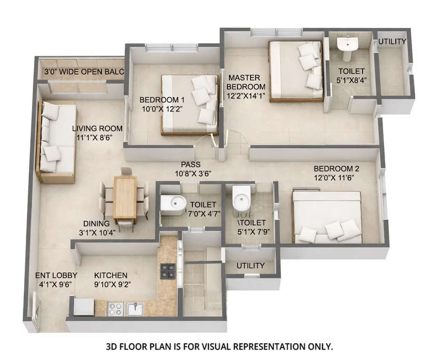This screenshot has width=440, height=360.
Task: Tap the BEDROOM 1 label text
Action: pyautogui.click(x=162, y=100)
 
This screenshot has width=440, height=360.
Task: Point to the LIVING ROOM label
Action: pyautogui.click(x=97, y=128)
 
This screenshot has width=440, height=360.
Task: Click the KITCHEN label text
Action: pyautogui.click(x=111, y=275)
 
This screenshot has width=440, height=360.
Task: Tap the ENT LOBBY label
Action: pyautogui.click(x=52, y=275)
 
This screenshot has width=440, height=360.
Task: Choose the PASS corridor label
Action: pyautogui.click(x=190, y=165)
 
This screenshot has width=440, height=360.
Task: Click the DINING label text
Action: pyautogui.click(x=96, y=224)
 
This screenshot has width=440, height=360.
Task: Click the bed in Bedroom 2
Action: pyautogui.click(x=327, y=217)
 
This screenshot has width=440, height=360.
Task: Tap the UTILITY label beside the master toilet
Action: pyautogui.click(x=392, y=42)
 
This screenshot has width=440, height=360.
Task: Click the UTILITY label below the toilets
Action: pyautogui.click(x=251, y=266)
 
